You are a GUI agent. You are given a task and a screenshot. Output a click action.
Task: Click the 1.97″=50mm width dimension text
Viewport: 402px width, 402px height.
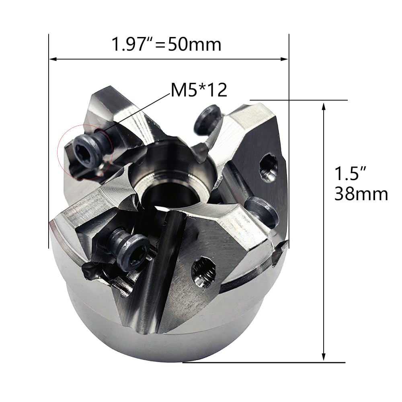(x=166, y=44)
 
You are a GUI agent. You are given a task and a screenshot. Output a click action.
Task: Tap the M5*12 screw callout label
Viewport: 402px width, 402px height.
(x=199, y=90)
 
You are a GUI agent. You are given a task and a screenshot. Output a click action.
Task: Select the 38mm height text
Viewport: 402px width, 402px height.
(x=361, y=194)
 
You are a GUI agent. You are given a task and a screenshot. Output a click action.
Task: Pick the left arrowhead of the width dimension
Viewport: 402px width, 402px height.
(x=53, y=59)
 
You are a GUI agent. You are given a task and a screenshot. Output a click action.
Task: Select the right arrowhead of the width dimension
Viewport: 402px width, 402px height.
(x=284, y=59)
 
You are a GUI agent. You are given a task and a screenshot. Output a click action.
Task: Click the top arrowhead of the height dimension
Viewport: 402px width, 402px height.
(x=324, y=107)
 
